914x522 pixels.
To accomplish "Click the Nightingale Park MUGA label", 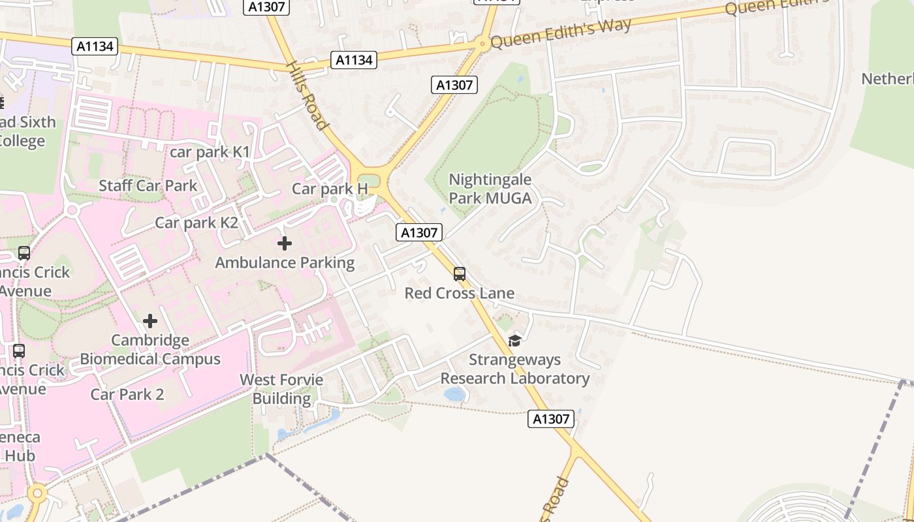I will coord(490,189).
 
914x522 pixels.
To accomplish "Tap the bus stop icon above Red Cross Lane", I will coord(460,274).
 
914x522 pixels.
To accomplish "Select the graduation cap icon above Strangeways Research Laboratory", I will coord(514,341).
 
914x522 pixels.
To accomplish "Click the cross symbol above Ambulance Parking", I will coord(285,243).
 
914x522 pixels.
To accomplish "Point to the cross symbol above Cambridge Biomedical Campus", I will coord(150,321).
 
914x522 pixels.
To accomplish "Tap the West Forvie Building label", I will coord(281,389).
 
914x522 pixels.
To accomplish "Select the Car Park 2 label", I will coord(127,394).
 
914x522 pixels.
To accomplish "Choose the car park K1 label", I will coord(210,152).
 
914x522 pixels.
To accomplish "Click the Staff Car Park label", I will coord(148,185).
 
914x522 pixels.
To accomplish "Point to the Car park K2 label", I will coord(197,223).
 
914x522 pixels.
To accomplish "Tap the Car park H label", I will coord(330,189).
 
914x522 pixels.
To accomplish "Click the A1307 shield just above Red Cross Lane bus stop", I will coord(419,232).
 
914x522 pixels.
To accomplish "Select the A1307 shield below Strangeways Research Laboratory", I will coord(551,419).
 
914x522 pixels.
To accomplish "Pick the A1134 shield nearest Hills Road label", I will coord(354,60).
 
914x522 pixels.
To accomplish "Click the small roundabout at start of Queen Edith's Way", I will coord(482,44).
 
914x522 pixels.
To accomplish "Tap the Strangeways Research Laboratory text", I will coord(515,369).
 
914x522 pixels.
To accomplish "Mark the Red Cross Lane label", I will coord(460,293).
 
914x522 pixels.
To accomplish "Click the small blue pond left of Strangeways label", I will coord(454,393).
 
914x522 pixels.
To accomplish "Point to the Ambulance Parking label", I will coord(285,263).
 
